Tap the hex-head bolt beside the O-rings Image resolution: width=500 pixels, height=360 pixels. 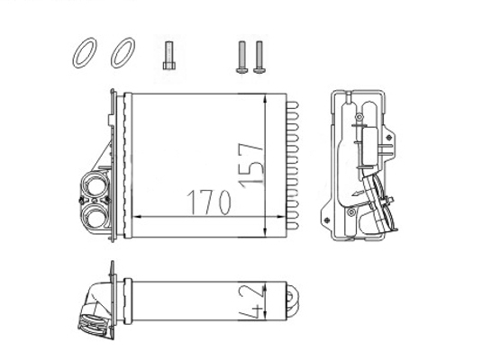[x=169, y=56]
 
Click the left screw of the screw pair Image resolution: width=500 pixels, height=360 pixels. [x=242, y=58]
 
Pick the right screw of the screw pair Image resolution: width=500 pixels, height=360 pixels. [x=259, y=58]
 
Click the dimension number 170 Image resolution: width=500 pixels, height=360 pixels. [x=208, y=202]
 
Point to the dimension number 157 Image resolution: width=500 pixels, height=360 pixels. [x=251, y=166]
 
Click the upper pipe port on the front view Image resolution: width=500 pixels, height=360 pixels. [x=94, y=185]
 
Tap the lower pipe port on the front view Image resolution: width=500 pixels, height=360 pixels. [x=95, y=216]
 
